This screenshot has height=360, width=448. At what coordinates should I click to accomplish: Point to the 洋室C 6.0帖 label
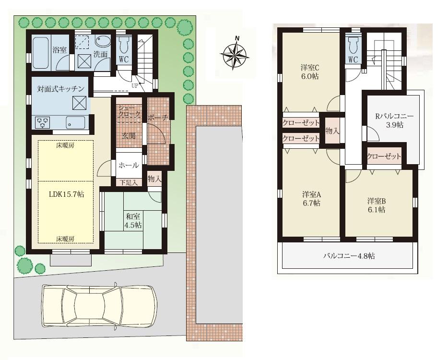pyautogui.click(x=310, y=72)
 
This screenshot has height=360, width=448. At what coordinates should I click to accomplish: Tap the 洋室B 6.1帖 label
pyautogui.click(x=377, y=205)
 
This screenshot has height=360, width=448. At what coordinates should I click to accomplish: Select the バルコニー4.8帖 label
pyautogui.click(x=348, y=256)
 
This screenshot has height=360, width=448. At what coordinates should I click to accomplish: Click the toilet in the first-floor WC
pyautogui.click(x=123, y=45)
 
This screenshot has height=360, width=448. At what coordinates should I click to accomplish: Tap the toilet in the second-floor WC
pyautogui.click(x=353, y=46)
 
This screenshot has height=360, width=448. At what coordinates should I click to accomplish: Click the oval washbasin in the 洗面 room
pyautogui.click(x=102, y=42)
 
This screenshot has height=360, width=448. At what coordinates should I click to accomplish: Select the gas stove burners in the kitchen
pyautogui.click(x=43, y=123)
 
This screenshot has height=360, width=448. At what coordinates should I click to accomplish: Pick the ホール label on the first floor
pyautogui.click(x=129, y=165)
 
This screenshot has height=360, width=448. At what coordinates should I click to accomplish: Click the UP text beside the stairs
pyautogui.click(x=135, y=86)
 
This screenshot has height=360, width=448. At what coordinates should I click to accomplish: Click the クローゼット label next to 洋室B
pyautogui.click(x=384, y=156)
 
